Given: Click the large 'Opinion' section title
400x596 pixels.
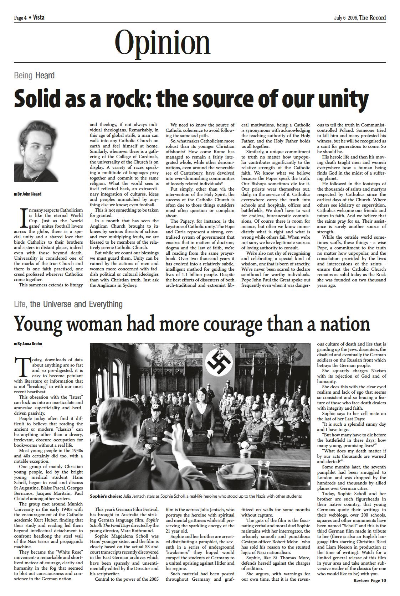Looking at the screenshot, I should (x=163, y=43).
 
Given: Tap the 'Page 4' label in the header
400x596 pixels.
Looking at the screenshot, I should (x=20, y=18).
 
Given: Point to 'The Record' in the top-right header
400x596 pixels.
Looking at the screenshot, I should (x=372, y=17).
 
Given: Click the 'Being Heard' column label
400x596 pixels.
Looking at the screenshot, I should (x=34, y=76).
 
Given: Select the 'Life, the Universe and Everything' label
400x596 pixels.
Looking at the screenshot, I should (x=68, y=304).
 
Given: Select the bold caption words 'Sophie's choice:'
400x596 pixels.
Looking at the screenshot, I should (x=106, y=496).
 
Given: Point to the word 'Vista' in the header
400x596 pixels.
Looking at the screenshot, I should (x=39, y=17).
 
